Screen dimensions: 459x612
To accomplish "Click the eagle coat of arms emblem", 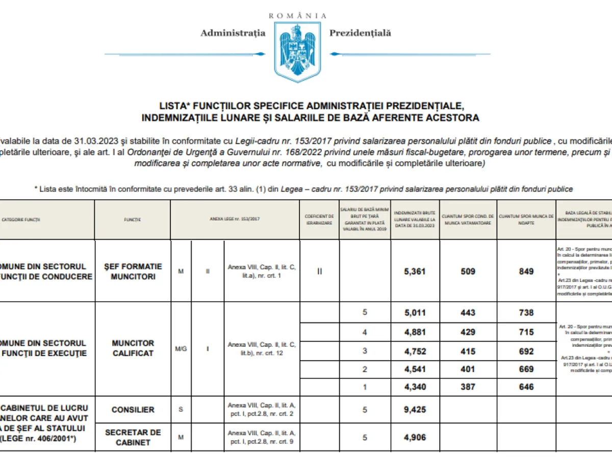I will pos(298,51).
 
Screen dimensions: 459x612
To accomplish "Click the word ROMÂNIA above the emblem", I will pos(298,16).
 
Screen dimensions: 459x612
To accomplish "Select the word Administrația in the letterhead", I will pos(233,33).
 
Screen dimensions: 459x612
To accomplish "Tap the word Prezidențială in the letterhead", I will pos(360,33).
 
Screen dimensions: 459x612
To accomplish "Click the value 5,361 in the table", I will pos(415,271).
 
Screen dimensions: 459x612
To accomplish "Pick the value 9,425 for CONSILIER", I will pos(415,410).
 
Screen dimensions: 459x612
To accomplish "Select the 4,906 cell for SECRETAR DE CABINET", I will pos(415,437).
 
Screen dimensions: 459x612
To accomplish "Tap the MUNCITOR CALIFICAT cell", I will pos(133,348).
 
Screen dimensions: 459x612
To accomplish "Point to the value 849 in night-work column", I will pos(526,271).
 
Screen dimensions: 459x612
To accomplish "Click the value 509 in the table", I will pos(468,271).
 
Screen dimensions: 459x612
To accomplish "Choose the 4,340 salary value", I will pos(415,387).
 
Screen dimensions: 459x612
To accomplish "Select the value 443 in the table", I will pos(468,313).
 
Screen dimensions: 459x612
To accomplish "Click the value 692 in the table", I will pos(526,351).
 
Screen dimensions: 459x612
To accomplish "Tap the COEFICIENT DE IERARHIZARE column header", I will pos(319,220).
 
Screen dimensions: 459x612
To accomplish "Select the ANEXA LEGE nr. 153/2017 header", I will pos(235,220).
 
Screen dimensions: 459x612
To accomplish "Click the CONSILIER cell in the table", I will pos(133,410).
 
